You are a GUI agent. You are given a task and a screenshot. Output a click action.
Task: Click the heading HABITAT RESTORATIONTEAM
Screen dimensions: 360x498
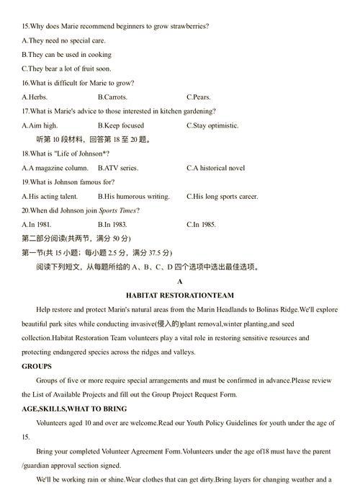coord(180,295)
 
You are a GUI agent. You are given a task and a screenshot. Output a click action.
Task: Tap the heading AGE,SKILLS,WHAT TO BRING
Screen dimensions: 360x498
coord(74,409)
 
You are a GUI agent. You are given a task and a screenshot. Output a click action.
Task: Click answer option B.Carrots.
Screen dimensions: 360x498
coord(112,97)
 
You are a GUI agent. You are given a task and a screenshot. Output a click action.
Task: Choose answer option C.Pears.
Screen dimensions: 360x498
coord(199,97)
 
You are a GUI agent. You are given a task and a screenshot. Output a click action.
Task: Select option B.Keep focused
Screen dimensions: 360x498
coord(121,125)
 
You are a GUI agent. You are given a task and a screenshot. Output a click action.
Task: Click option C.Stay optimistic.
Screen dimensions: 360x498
coord(212,125)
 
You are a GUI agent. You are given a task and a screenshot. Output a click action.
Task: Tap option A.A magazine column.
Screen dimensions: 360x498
coord(55,168)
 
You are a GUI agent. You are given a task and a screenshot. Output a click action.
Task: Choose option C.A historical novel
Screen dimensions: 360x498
coord(216,168)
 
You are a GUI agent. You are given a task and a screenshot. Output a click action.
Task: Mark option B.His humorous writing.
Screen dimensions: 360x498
coord(134,196)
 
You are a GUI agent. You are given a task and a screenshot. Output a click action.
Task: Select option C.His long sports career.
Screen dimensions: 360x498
coord(222,196)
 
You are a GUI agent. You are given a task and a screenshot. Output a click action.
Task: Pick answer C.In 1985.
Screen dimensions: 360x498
coord(201,224)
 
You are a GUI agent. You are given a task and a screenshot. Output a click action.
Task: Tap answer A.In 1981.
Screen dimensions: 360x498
coord(37,224)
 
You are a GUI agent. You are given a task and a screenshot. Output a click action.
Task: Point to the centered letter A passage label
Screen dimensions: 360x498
coord(180,281)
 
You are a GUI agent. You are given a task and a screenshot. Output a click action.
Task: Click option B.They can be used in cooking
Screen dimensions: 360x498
coord(66,55)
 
